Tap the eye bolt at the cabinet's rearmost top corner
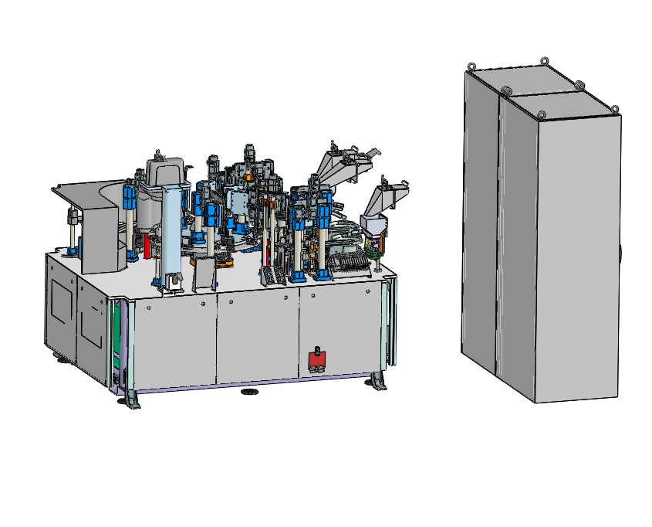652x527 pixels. click(x=544, y=61)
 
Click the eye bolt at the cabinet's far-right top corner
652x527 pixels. click(x=615, y=108)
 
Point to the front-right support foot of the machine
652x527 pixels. click(x=378, y=382)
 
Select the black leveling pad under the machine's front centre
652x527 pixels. click(x=249, y=392)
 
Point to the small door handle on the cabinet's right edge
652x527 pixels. click(x=620, y=252)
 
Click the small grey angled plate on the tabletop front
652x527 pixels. click(x=203, y=273)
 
